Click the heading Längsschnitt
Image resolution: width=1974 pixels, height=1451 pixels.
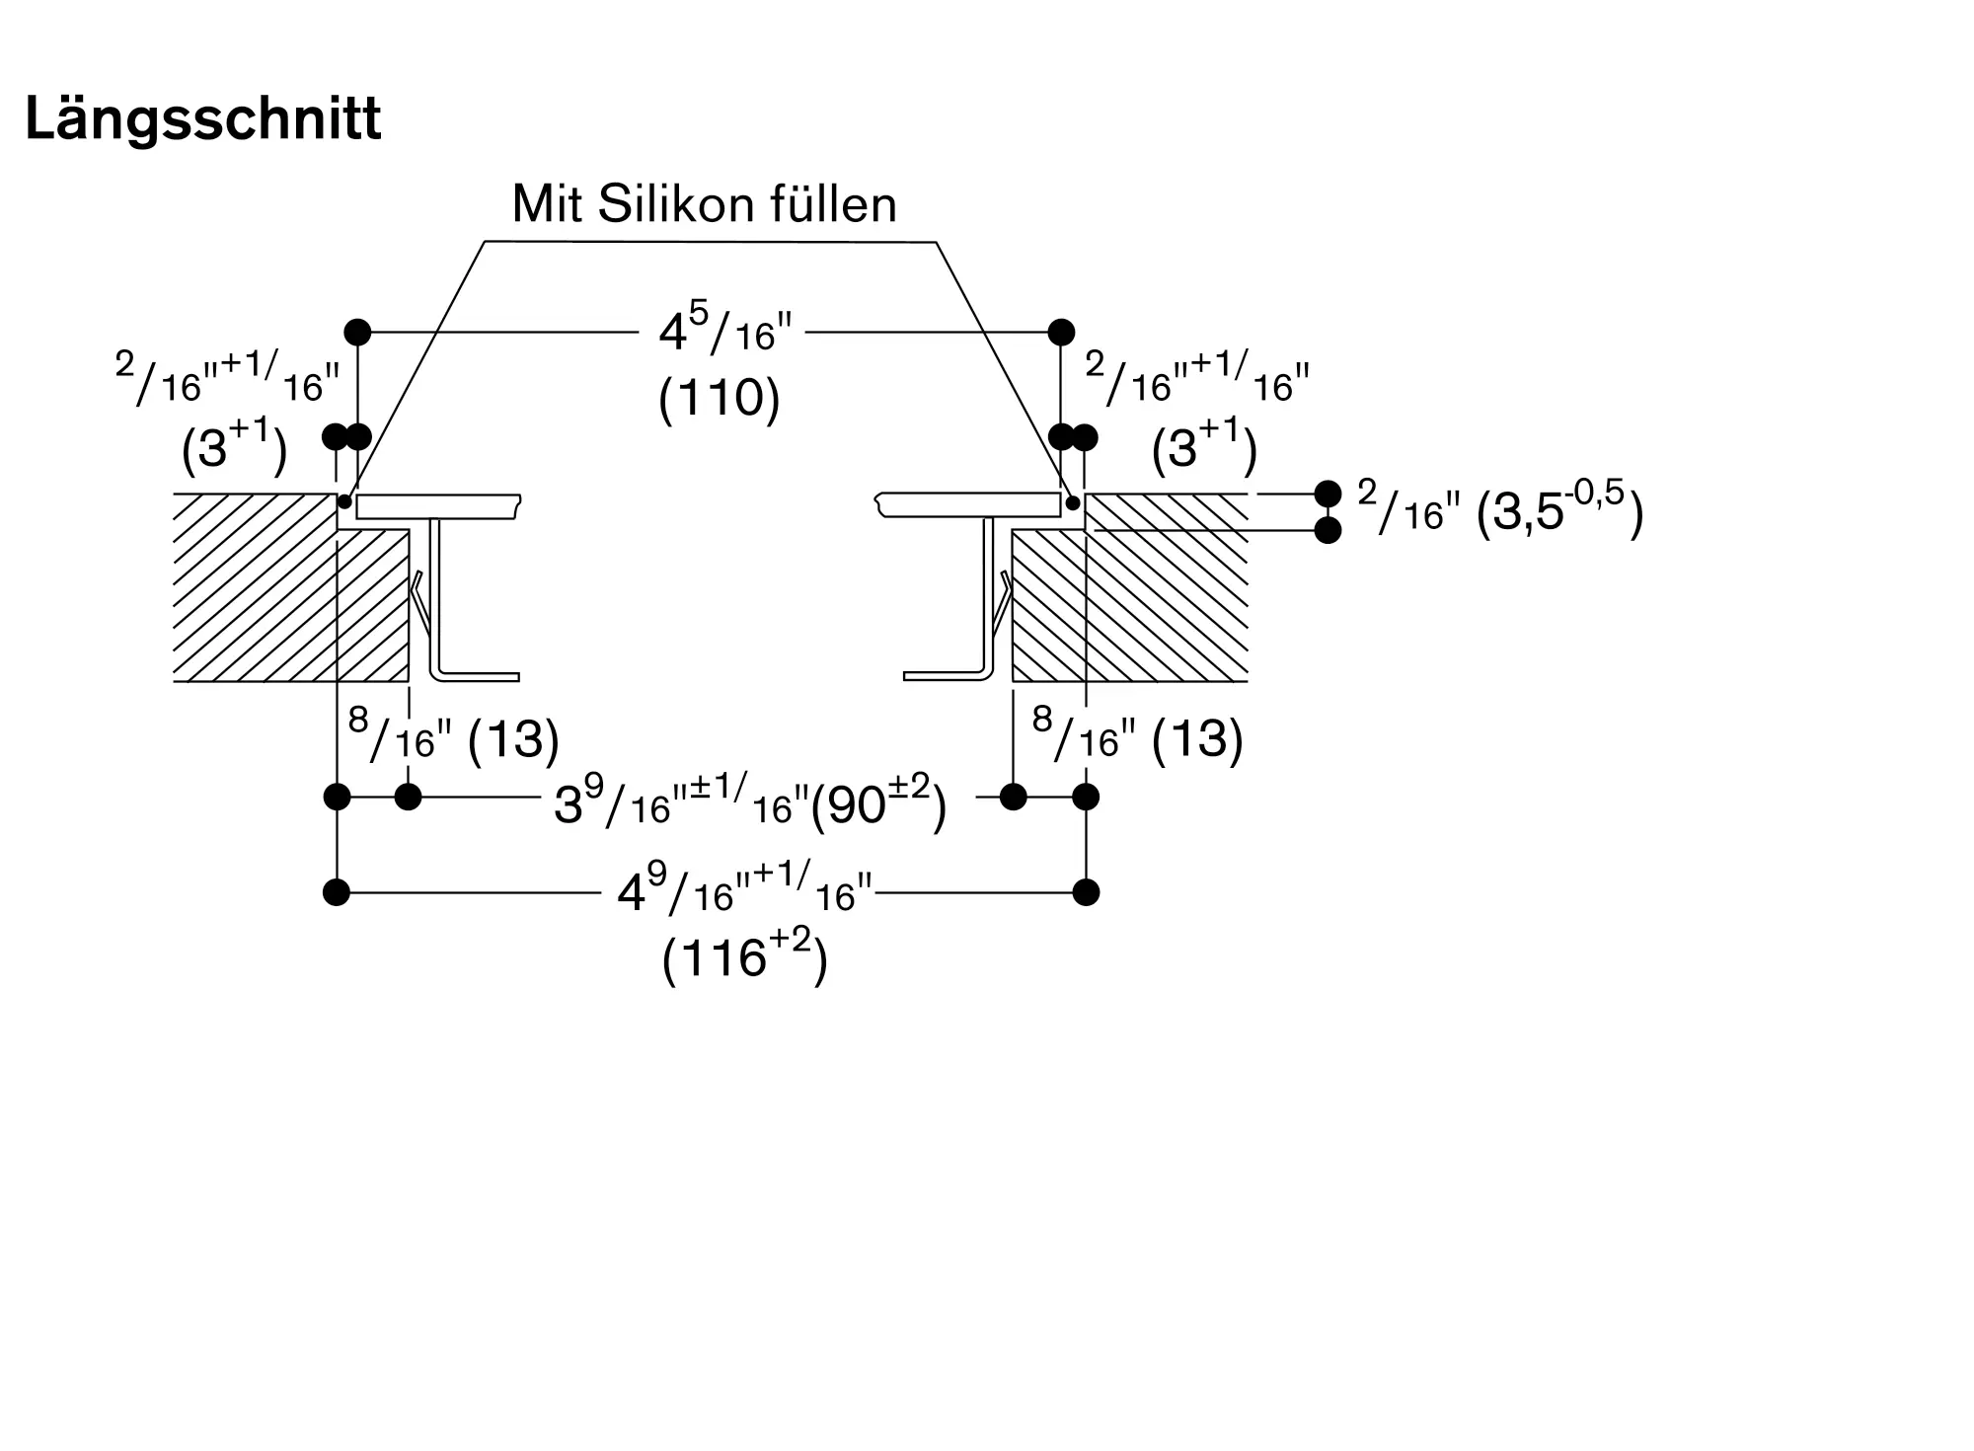coord(202,120)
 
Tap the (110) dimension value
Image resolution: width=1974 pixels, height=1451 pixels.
coord(720,398)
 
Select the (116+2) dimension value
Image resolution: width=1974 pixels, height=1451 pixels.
coord(745,955)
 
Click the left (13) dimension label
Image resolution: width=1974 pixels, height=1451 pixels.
coord(513,739)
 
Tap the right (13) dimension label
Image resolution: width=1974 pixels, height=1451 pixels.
coord(1197,739)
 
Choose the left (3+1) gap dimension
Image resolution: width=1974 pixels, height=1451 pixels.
coord(235,446)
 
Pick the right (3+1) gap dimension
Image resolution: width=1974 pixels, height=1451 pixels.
coord(1204,446)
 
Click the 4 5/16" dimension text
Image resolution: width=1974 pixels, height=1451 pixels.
coord(725,332)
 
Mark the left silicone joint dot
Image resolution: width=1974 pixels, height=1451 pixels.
coord(344,502)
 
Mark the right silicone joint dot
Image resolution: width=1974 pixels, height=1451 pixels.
coord(1073,502)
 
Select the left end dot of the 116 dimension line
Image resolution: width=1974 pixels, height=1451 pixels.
coord(337,892)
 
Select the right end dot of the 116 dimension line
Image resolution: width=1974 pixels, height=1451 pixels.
coord(1086,892)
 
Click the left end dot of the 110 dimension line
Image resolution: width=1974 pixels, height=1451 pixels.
coord(357,332)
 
